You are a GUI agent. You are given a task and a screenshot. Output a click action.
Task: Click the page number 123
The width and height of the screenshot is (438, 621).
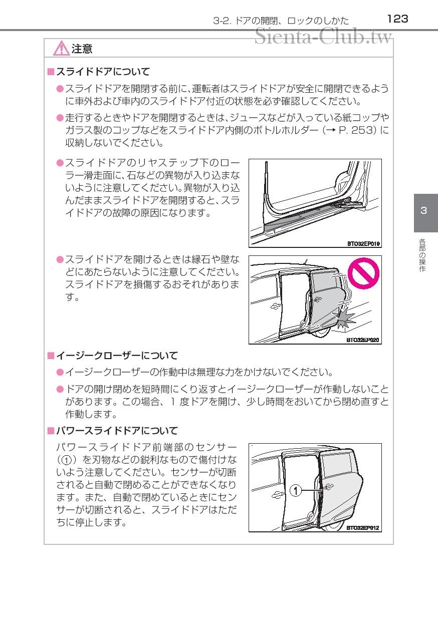(x=398, y=19)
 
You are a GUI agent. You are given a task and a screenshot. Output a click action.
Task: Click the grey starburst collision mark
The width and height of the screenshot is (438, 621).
(x=344, y=317)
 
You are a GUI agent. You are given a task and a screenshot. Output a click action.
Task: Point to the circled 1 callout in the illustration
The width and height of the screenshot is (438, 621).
(x=296, y=491)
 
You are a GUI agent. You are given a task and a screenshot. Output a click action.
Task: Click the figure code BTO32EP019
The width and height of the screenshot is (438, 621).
(x=363, y=244)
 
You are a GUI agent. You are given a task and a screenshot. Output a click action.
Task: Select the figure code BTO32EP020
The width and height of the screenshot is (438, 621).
(x=363, y=341)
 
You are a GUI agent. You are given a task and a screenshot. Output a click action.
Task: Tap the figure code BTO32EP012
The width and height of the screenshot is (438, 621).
(x=363, y=528)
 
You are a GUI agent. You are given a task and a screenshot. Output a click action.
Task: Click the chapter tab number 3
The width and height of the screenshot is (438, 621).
(x=424, y=210)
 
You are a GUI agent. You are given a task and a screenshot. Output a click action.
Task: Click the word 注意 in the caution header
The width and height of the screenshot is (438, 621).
(x=82, y=49)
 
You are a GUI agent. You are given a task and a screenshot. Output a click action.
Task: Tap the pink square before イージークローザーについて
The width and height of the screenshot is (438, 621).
(x=50, y=356)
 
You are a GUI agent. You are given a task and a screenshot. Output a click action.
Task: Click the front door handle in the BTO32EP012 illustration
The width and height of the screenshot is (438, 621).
(x=275, y=495)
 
